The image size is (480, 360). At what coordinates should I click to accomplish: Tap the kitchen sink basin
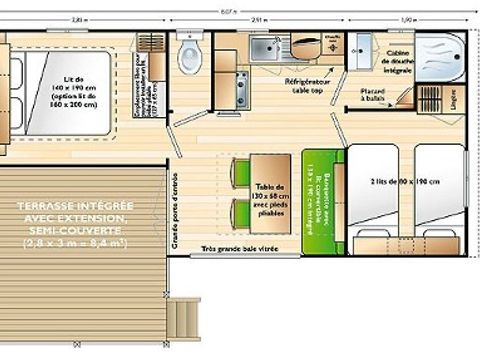tap(266, 47)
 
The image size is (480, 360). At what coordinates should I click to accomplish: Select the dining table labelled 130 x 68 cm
tap(266, 190)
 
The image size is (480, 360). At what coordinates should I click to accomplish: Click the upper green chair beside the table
tap(241, 171)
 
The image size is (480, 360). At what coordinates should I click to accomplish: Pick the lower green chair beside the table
tap(241, 213)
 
